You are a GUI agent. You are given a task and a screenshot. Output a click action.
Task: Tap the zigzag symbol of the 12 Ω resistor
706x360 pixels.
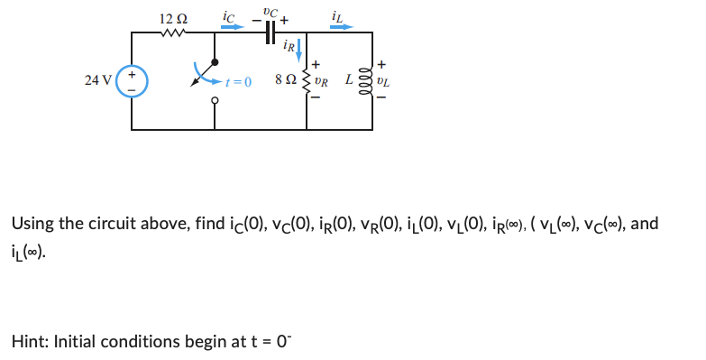[171, 34]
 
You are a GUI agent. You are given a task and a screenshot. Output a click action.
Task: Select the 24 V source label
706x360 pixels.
[97, 80]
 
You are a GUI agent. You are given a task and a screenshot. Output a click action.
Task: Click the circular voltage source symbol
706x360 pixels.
[132, 80]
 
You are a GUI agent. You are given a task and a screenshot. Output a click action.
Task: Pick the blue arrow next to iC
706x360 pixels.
[233, 27]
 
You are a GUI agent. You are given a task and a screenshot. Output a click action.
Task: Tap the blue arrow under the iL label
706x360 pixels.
[341, 27]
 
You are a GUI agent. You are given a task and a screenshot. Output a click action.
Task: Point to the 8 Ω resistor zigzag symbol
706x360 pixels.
[313, 81]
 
